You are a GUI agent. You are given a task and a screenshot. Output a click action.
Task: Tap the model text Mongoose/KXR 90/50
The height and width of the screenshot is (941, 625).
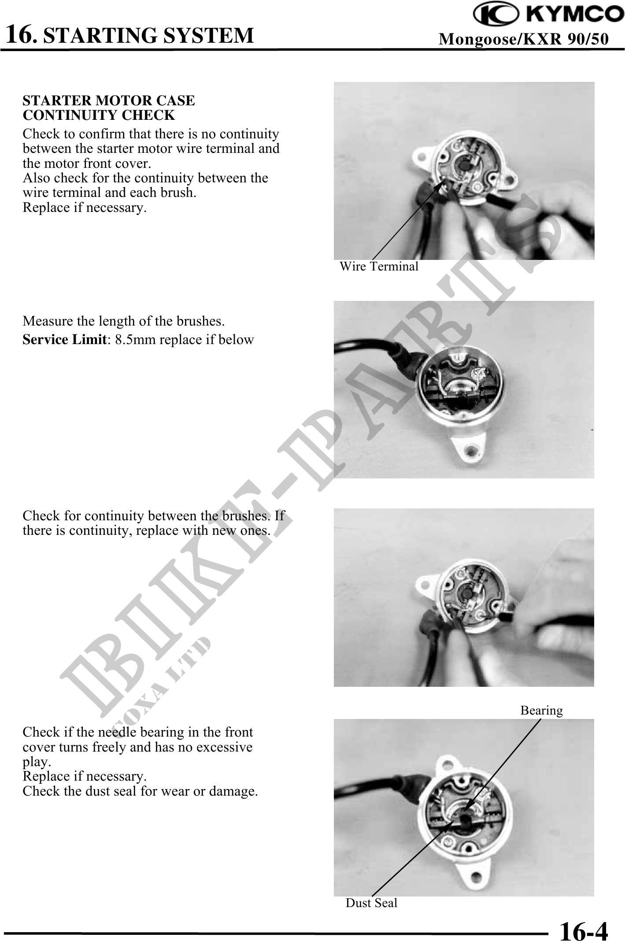tap(524, 39)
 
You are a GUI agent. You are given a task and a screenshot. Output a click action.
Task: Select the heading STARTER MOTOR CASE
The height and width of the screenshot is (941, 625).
tap(109, 100)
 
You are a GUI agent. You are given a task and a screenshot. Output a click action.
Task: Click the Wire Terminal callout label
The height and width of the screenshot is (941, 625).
tap(379, 266)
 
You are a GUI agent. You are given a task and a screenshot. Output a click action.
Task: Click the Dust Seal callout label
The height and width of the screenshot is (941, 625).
tap(371, 903)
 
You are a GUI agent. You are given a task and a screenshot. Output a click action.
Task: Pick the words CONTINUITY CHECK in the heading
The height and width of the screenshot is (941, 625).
tap(99, 115)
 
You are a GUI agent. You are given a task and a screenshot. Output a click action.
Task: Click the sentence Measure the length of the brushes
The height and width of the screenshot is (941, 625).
tap(124, 321)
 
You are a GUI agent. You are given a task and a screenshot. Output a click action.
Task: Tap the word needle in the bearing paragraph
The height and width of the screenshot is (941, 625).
tap(118, 732)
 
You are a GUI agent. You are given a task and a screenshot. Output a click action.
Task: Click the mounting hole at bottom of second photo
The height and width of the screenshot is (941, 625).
tap(473, 451)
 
